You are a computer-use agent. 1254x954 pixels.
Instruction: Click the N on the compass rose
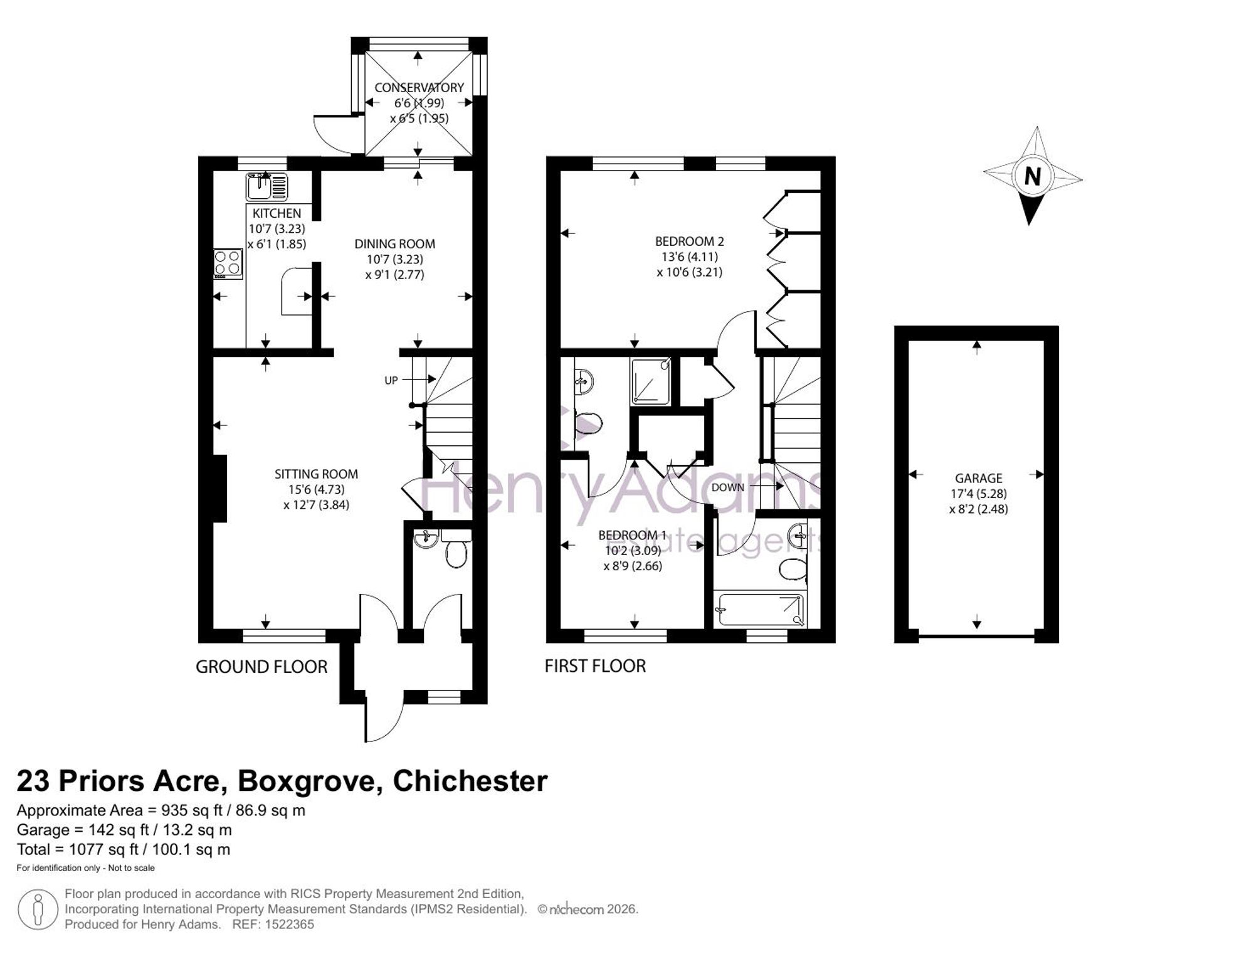[x=1032, y=176]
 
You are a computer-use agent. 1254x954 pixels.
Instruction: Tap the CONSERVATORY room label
[x=419, y=88]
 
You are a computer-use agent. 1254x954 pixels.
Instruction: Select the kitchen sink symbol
[x=266, y=187]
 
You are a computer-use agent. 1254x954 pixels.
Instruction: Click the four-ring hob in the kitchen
[x=228, y=264]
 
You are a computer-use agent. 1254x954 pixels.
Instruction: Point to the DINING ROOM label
[x=394, y=244]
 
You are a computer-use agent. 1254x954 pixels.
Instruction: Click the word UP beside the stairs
[x=391, y=381]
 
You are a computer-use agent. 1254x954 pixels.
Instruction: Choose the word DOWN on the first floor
[x=728, y=487]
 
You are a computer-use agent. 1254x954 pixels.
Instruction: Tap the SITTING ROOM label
[x=316, y=474]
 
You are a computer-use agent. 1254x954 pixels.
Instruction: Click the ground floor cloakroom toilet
[x=456, y=550]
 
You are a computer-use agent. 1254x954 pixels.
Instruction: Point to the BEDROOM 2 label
[x=690, y=241]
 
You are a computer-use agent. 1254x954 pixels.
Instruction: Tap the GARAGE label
[x=978, y=479]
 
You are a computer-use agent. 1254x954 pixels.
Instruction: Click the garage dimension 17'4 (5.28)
[x=978, y=494]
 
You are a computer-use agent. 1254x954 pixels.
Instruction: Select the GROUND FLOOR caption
[x=261, y=667]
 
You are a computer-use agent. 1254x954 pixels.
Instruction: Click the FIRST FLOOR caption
[x=595, y=666]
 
